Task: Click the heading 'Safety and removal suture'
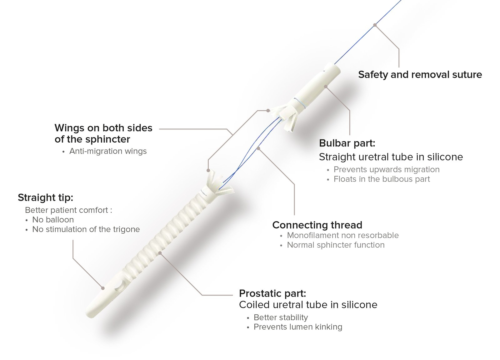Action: (x=420, y=75)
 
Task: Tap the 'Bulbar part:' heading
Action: (x=347, y=143)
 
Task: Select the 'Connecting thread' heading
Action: (x=317, y=225)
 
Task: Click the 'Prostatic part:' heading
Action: (x=272, y=293)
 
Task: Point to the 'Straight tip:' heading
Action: (x=45, y=198)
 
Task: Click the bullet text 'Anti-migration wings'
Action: (x=108, y=151)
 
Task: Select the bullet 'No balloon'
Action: (x=53, y=220)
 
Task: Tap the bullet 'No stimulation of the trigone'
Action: (x=86, y=229)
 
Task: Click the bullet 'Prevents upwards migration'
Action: (x=386, y=170)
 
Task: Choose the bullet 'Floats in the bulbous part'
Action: (x=382, y=179)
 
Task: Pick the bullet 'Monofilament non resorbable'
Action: (x=343, y=235)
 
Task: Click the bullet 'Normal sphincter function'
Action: (x=336, y=245)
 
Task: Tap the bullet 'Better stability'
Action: (x=281, y=317)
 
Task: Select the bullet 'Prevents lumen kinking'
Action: (x=298, y=327)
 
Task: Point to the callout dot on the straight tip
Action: (x=102, y=288)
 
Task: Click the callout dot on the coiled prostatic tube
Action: (x=160, y=253)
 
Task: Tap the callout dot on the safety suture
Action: (x=375, y=25)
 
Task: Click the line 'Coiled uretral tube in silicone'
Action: (x=308, y=305)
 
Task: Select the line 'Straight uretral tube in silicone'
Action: (x=391, y=157)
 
